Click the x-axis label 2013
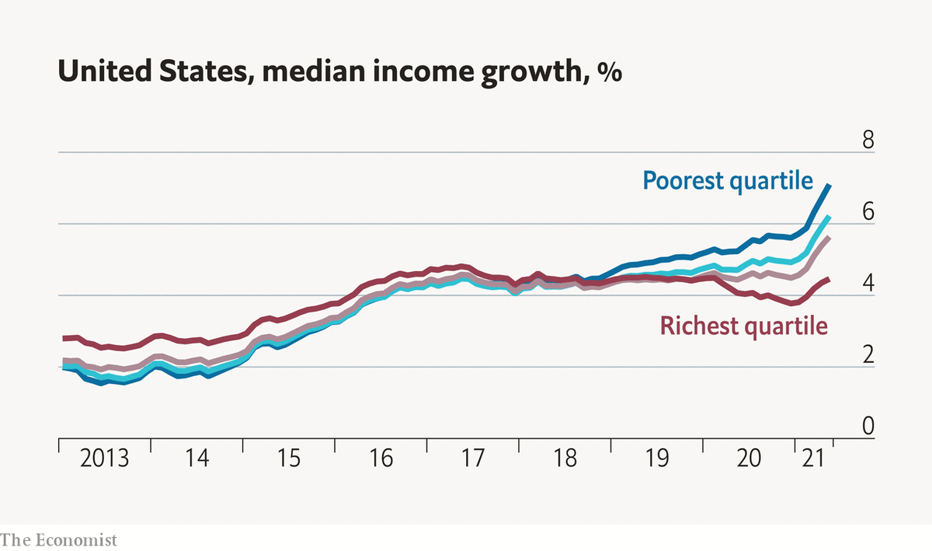tap(105, 459)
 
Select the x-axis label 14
tap(196, 459)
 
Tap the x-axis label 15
tap(289, 459)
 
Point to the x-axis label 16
tap(381, 459)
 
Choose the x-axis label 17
tap(473, 459)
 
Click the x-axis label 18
tap(565, 459)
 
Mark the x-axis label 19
tap(657, 459)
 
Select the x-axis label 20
tap(749, 459)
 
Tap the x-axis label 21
tap(812, 459)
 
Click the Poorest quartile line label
tap(727, 181)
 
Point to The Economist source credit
tap(58, 539)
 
